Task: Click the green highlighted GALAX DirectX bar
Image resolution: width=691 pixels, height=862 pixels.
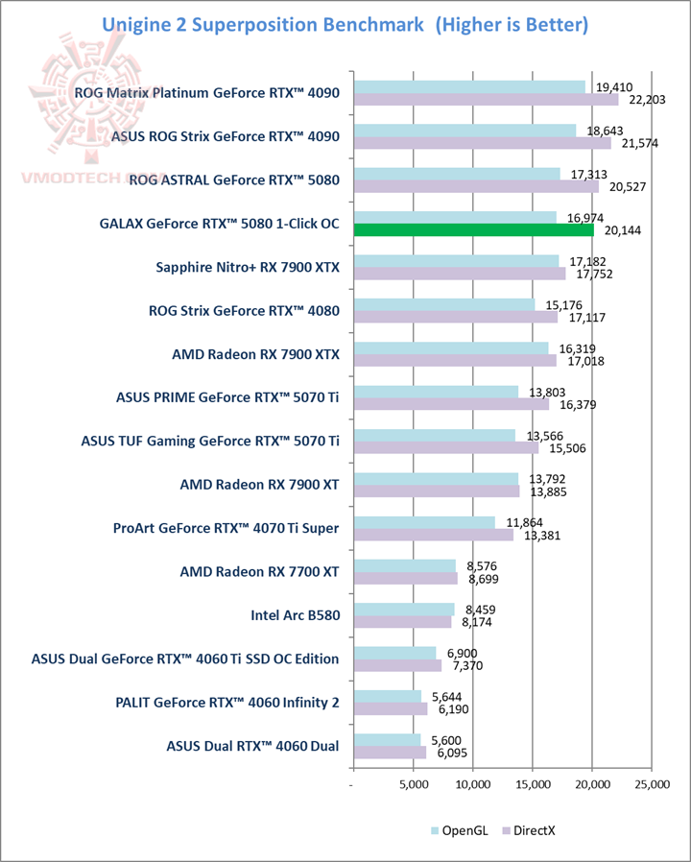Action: coord(474,229)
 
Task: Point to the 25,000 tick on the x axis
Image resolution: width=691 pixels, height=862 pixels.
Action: coord(652,785)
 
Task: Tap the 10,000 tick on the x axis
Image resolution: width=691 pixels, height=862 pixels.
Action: coord(473,785)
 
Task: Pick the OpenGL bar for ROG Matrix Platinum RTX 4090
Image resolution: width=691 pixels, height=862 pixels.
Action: coord(469,86)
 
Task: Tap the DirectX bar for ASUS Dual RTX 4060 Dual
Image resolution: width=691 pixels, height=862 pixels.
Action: coord(390,753)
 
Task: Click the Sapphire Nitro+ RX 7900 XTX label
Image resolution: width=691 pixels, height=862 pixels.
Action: coord(248,267)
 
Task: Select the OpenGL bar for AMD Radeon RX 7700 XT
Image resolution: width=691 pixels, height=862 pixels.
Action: coord(405,565)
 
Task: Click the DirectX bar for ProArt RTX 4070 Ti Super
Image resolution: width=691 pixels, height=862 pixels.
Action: coord(434,535)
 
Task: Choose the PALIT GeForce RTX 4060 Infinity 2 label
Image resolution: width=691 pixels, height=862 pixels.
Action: coord(226,702)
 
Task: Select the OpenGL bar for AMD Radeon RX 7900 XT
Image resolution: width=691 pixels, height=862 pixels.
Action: coord(436,478)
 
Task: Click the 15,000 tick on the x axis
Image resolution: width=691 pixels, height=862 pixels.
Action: coord(533,785)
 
